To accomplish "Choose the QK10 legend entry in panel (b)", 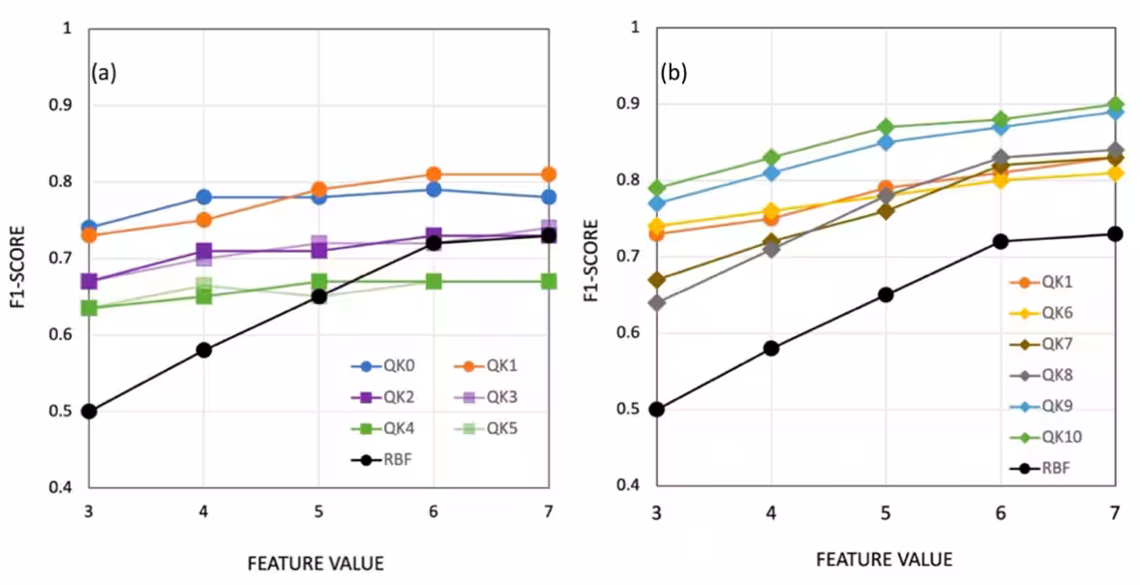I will coord(1046,437).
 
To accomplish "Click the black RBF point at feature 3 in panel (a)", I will coord(89,412).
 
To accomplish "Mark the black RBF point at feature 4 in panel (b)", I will coord(771,348).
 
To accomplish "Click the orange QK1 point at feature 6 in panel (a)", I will coord(434,174).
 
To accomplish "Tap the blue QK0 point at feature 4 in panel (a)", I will coord(203,198).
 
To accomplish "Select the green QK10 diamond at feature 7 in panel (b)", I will coord(1115,105).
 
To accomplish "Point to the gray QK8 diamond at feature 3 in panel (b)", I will coord(657,302).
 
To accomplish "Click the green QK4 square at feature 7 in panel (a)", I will coord(549,281).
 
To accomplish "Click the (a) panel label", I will coord(104,73).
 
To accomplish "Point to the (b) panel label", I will coord(674,73).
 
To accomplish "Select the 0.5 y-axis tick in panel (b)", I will coord(631,409).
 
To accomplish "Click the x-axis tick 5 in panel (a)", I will coord(318,513).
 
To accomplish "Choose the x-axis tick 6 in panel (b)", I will coord(1001,512).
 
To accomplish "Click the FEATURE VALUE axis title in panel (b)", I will coord(884,559).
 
